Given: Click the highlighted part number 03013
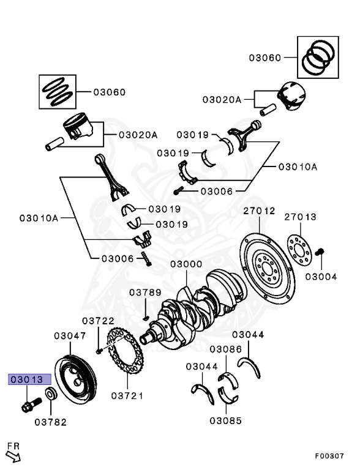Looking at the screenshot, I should [x=25, y=379].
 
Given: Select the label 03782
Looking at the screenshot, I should [x=50, y=422].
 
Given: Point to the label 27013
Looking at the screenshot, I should [x=301, y=217].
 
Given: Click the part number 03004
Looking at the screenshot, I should [x=321, y=276].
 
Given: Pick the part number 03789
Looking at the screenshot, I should [x=145, y=293].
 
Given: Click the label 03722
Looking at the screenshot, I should [x=99, y=321].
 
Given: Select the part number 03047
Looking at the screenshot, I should [x=70, y=335].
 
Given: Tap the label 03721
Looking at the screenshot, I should [x=127, y=395].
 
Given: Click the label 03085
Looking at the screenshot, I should [x=225, y=420].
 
